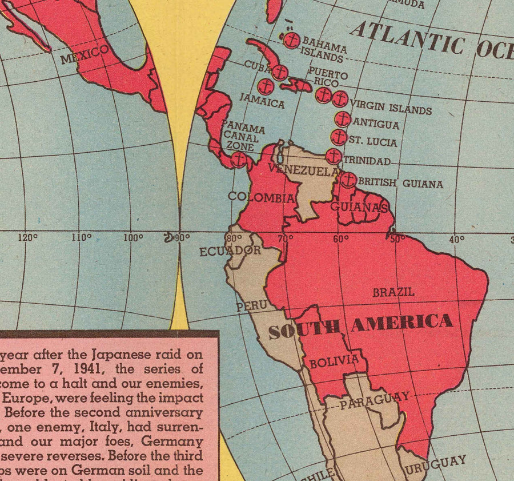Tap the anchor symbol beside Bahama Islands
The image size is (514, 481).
pyautogui.click(x=291, y=41)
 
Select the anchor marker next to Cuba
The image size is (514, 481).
pyautogui.click(x=279, y=72)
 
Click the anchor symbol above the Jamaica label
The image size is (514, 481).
pyautogui.click(x=266, y=87)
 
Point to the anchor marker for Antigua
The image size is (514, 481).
pyautogui.click(x=342, y=119)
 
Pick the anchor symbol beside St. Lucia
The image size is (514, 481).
pyautogui.click(x=339, y=137)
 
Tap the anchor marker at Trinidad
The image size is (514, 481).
pyautogui.click(x=334, y=156)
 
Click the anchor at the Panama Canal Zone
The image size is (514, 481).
pyautogui.click(x=239, y=159)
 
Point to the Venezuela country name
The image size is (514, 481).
pyautogui.click(x=296, y=170)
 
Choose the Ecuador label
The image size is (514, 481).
pyautogui.click(x=230, y=251)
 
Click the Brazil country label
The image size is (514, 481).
pyautogui.click(x=393, y=292)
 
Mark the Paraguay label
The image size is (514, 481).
pyautogui.click(x=375, y=400)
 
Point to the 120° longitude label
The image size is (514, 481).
pyautogui.click(x=27, y=238)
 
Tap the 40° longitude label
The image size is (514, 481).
pyautogui.click(x=456, y=240)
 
